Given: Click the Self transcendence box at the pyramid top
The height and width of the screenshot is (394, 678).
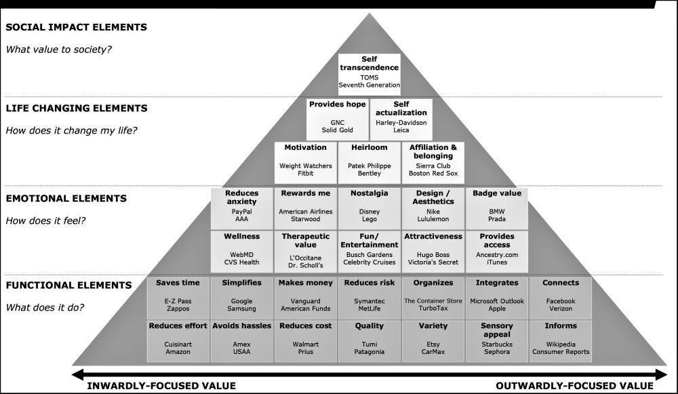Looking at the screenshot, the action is pyautogui.click(x=370, y=74).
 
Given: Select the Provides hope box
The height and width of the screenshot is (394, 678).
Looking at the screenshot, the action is pyautogui.click(x=337, y=119).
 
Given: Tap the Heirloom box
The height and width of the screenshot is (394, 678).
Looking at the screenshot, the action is pyautogui.click(x=370, y=163).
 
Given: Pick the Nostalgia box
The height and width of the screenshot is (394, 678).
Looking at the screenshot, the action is pyautogui.click(x=370, y=208).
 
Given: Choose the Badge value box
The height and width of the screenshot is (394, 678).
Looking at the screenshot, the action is pyautogui.click(x=497, y=208).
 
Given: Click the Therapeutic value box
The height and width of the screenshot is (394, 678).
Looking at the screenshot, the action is pyautogui.click(x=305, y=252).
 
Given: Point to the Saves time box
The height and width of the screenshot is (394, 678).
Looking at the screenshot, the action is pyautogui.click(x=178, y=298).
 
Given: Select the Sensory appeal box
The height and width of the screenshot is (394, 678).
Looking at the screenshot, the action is pyautogui.click(x=497, y=341).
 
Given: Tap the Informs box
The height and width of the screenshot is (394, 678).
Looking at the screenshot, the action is pyautogui.click(x=561, y=341).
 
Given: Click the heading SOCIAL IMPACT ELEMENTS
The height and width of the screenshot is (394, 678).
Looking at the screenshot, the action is pyautogui.click(x=76, y=27).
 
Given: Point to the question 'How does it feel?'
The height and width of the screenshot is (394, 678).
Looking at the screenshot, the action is pyautogui.click(x=45, y=220).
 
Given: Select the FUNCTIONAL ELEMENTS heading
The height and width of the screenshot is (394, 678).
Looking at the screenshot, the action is pyautogui.click(x=68, y=285).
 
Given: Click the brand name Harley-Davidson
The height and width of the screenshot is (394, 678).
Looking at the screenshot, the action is pyautogui.click(x=401, y=122).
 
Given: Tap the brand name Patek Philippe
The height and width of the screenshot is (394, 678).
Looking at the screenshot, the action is pyautogui.click(x=370, y=165).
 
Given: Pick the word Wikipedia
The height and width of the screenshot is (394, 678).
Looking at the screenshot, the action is pyautogui.click(x=561, y=344).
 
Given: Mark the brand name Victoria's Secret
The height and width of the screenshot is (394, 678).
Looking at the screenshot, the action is pyautogui.click(x=433, y=262).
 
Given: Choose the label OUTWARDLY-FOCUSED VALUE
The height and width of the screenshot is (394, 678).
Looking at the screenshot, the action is pyautogui.click(x=575, y=386).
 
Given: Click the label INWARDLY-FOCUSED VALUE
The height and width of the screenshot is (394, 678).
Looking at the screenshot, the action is pyautogui.click(x=161, y=386).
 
